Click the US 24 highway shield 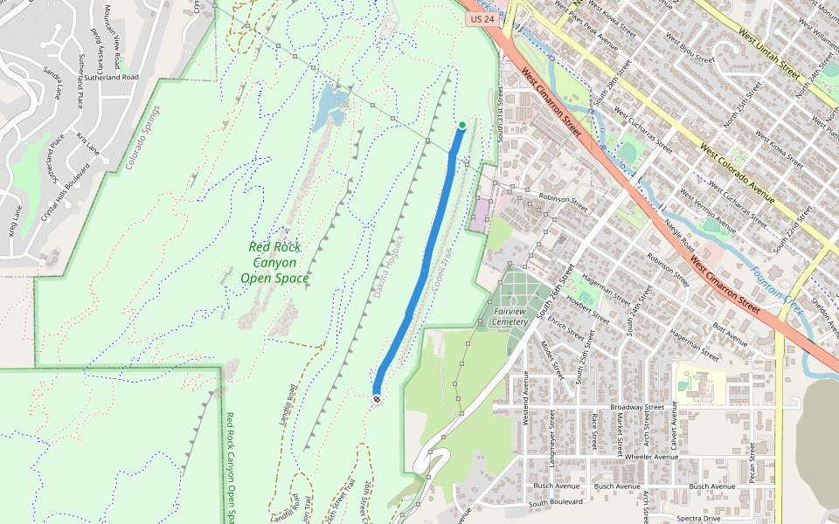482,17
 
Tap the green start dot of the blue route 461,125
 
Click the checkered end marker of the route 377,399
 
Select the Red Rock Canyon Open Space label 274,263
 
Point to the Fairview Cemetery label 510,316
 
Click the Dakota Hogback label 389,268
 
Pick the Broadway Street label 638,407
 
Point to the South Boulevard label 555,503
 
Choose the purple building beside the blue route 480,214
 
